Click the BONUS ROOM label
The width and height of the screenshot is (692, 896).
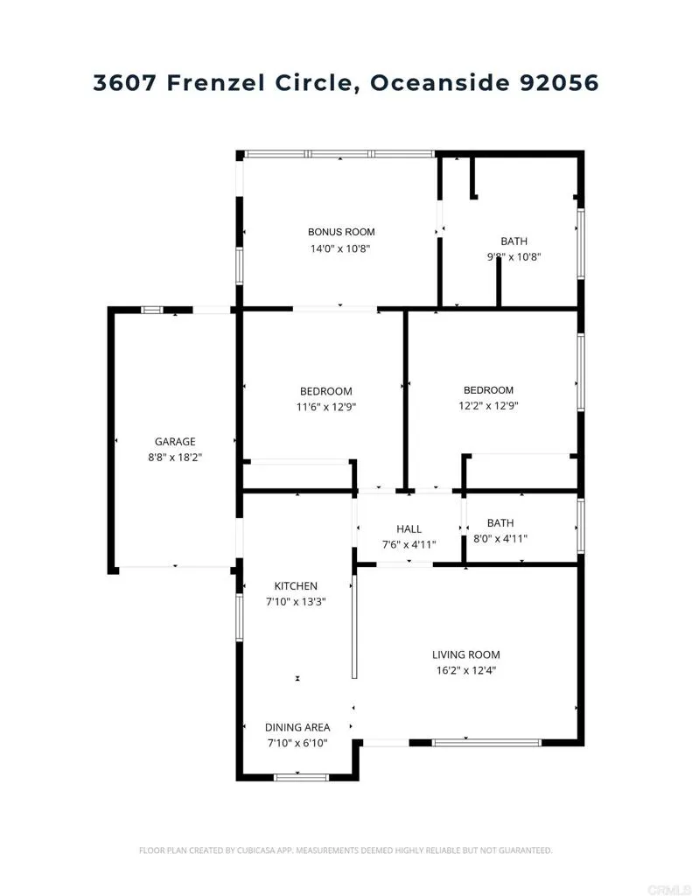point(340,232)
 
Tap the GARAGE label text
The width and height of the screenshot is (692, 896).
point(175,442)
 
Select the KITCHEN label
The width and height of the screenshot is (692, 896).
point(296,586)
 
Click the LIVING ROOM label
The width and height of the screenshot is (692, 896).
point(465,654)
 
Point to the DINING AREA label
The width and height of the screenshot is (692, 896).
point(297,727)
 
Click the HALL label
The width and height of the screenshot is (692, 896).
point(409,529)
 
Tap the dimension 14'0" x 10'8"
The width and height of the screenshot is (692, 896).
point(340,248)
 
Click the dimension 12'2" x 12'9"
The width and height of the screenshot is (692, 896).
point(488,406)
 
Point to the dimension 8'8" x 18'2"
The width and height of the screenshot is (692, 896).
point(175,458)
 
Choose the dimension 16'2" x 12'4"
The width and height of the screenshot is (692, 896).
point(465,671)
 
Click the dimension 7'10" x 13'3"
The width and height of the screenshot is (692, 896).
point(296,602)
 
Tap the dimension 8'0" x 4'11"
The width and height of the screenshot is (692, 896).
point(500,539)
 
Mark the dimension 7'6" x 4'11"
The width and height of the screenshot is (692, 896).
point(409,545)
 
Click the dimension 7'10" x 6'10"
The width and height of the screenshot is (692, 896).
point(297,743)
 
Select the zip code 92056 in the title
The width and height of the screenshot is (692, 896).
point(557,83)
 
